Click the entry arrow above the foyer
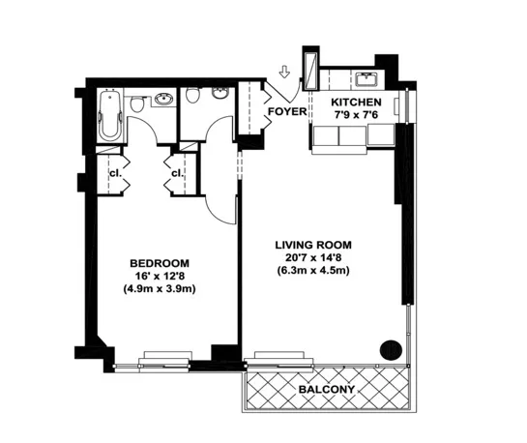coord(283,72)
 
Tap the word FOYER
coord(286,112)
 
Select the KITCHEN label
coord(357,103)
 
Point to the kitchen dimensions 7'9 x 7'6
coord(357,116)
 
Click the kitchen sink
coord(366,77)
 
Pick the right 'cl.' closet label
coord(178,173)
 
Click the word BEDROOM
coord(160,263)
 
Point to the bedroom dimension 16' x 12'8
coord(160,276)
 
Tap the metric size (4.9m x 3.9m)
coord(160,289)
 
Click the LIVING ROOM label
coord(311,245)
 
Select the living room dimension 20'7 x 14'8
coord(311,257)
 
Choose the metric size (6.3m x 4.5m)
coord(311,271)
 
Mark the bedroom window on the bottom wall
coord(165,362)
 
